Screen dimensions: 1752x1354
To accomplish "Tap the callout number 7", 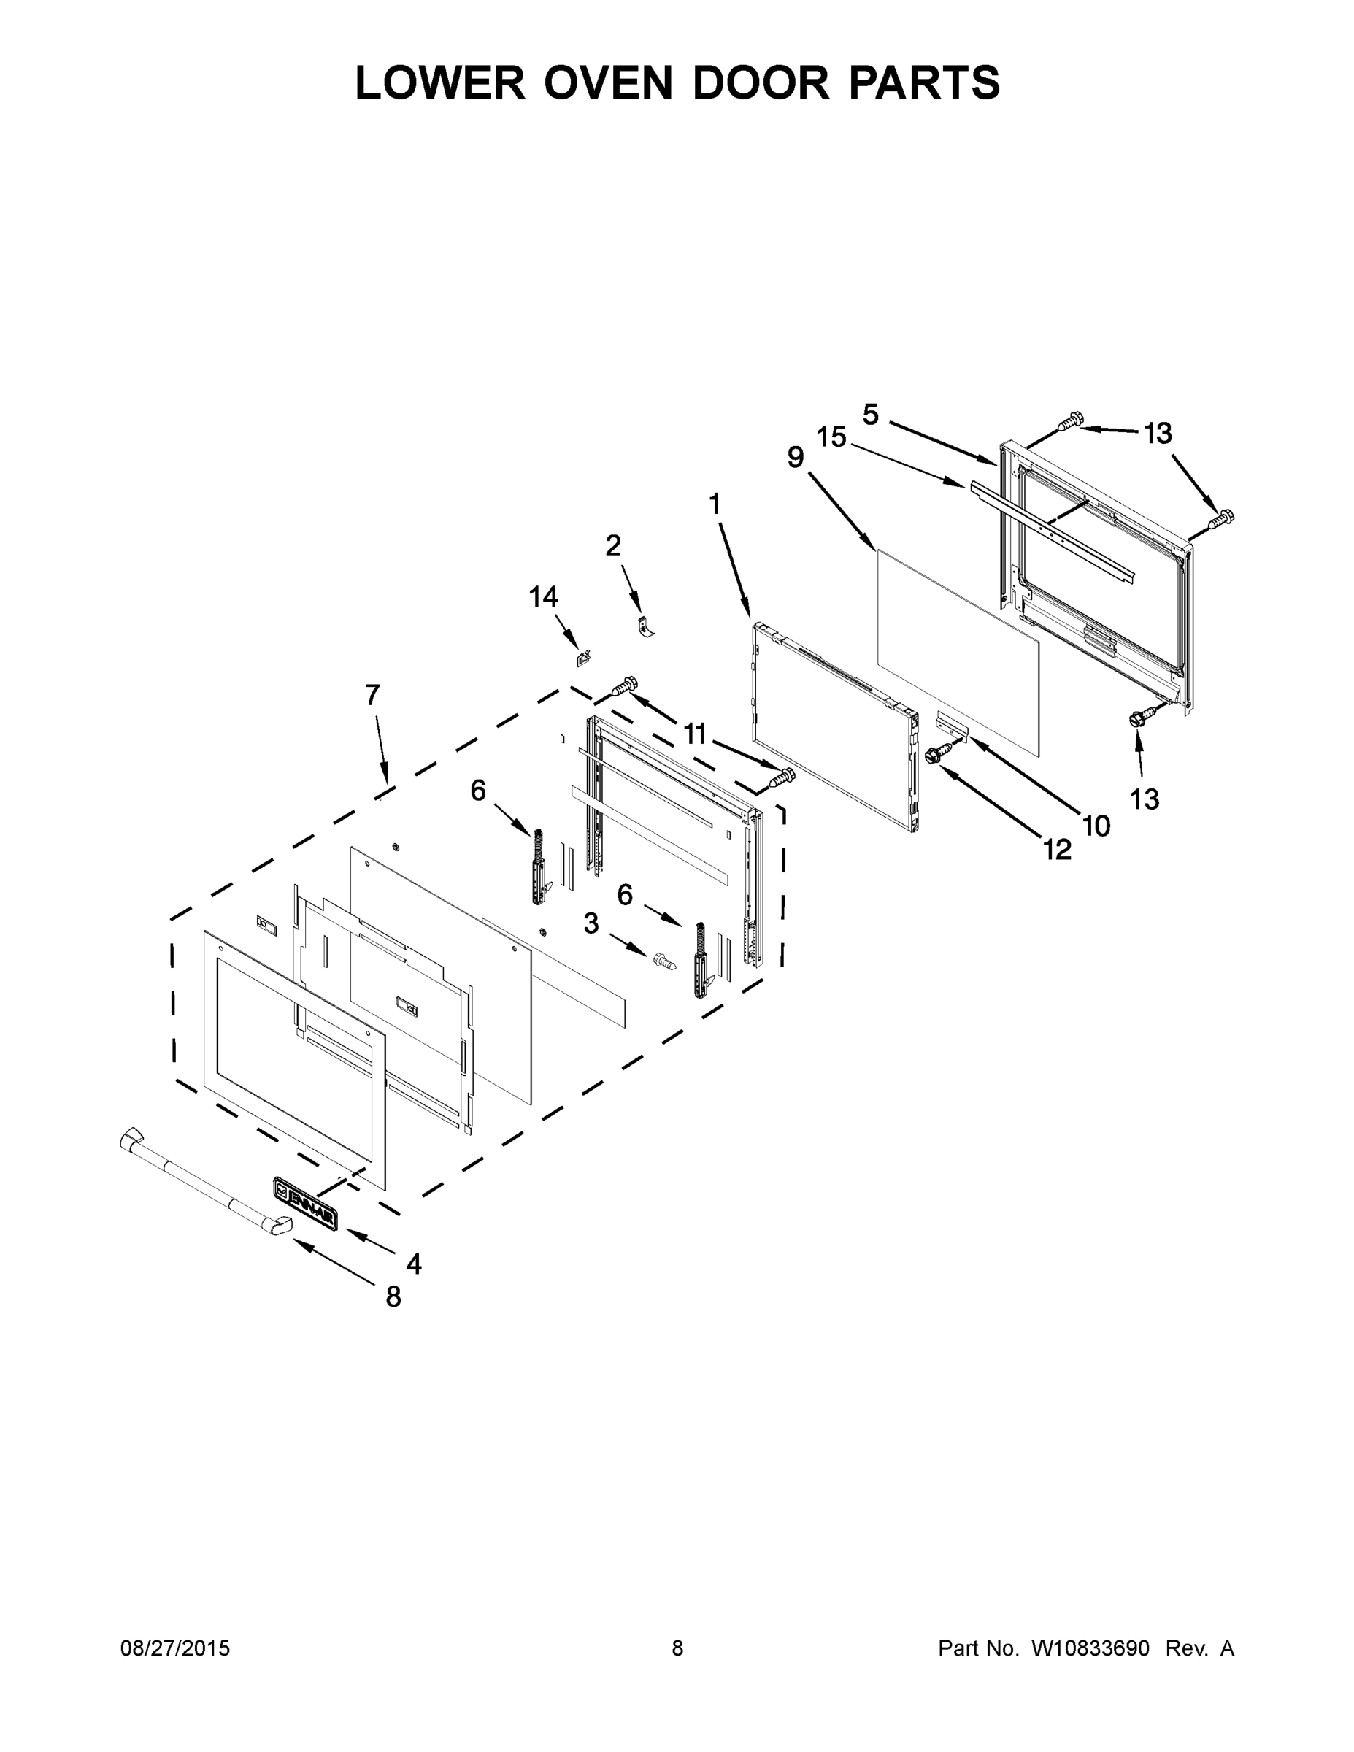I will [x=372, y=695].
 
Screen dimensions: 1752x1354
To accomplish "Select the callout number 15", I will [x=832, y=437].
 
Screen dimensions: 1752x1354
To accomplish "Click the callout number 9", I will [x=795, y=457].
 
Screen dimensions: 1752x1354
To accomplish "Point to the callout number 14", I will [x=543, y=597].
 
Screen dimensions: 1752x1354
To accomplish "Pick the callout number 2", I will [x=613, y=545].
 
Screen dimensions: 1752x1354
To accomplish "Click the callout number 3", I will [x=591, y=923].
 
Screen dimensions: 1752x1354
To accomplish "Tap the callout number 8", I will [x=393, y=1297].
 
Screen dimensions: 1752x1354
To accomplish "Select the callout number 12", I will [x=1057, y=850].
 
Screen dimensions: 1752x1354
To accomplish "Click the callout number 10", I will [x=1096, y=826].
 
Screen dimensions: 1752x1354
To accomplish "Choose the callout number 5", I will [x=870, y=414].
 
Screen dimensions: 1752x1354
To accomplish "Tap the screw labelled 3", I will [x=664, y=958].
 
